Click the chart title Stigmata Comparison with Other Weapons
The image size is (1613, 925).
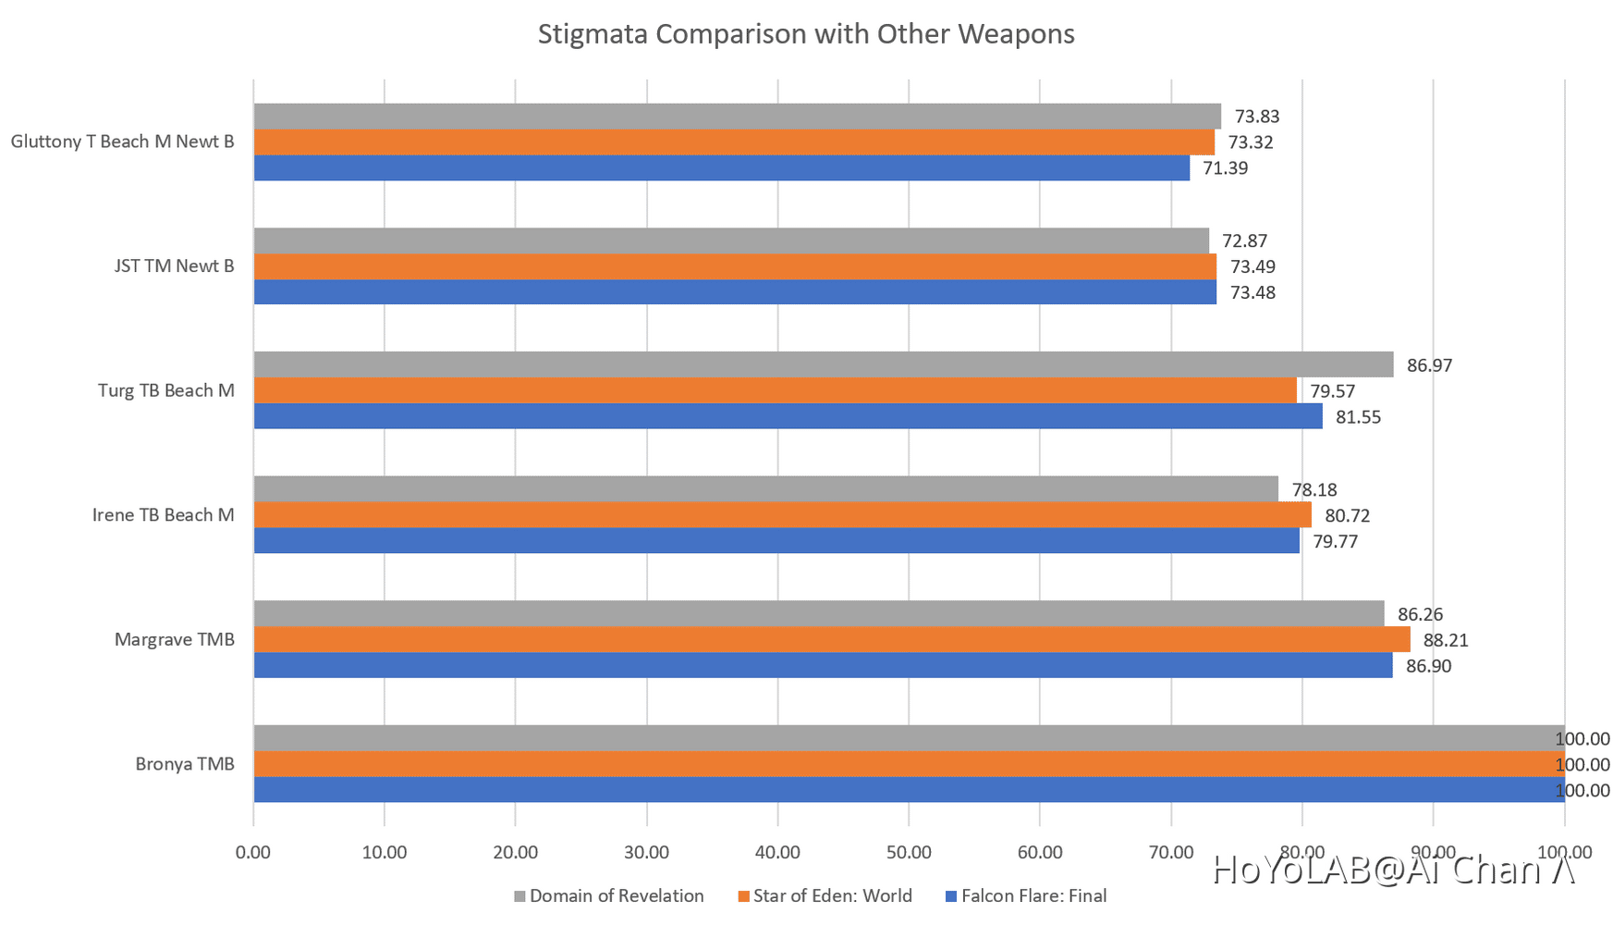click(x=806, y=34)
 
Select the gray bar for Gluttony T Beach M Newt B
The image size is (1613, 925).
click(x=737, y=116)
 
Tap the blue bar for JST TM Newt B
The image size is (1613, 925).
click(x=735, y=292)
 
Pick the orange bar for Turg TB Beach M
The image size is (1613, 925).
click(x=775, y=390)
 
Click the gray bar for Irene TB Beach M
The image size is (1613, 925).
click(x=765, y=489)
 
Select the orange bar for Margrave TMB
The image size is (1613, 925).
click(x=832, y=639)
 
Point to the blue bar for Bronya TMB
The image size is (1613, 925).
click(x=909, y=790)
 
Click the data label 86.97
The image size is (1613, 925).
click(x=1429, y=365)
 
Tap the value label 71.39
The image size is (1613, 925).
click(x=1225, y=168)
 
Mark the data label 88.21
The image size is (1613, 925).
click(x=1445, y=640)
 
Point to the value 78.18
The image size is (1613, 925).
click(x=1314, y=490)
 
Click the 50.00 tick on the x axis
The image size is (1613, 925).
click(x=909, y=852)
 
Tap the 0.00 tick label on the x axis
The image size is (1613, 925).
click(x=253, y=852)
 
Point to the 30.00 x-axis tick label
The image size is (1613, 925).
click(x=646, y=852)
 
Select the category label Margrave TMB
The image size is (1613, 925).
click(x=175, y=639)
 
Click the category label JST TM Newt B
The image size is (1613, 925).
click(x=174, y=266)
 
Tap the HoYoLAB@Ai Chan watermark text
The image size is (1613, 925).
click(x=1393, y=870)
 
